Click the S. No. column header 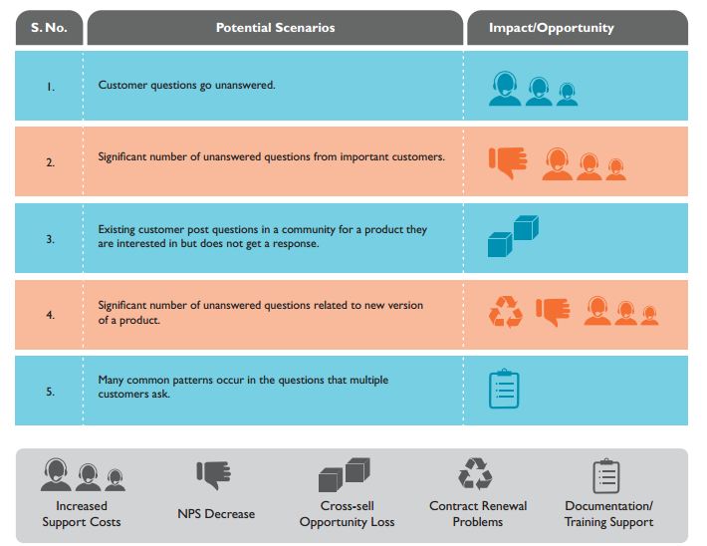pos(50,28)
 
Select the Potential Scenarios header pos(275,28)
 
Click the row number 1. pos(50,86)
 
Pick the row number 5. pos(50,391)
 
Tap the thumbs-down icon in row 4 pos(553,311)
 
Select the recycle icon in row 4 pos(505,312)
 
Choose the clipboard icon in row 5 pos(505,389)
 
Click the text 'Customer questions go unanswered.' pos(186,86)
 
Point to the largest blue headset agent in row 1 pos(506,88)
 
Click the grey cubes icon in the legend pos(344,474)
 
